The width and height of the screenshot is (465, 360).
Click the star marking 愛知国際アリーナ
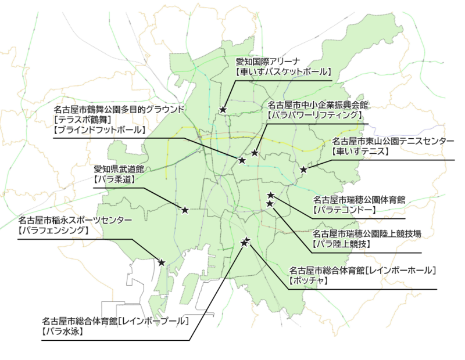pyautogui.click(x=223, y=109)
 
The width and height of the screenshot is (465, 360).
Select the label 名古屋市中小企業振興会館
pyautogui.click(x=317, y=105)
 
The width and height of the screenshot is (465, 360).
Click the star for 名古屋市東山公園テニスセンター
pyautogui.click(x=303, y=170)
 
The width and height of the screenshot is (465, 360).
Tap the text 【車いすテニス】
pyautogui.click(x=359, y=152)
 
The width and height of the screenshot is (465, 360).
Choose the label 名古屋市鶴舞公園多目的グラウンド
pyautogui.click(x=119, y=109)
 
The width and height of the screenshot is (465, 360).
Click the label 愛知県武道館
pyautogui.click(x=119, y=170)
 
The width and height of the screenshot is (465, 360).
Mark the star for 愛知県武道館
pyautogui.click(x=185, y=210)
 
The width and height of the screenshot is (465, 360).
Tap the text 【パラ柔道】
pyautogui.click(x=115, y=180)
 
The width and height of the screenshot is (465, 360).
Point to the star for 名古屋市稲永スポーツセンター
pyautogui.click(x=162, y=262)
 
